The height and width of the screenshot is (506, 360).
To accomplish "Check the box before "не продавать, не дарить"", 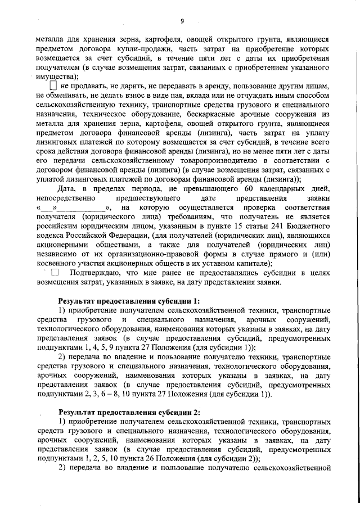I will pyautogui.click(x=53, y=85).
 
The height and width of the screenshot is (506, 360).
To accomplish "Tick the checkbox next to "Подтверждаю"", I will pyautogui.click(x=55, y=273).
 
